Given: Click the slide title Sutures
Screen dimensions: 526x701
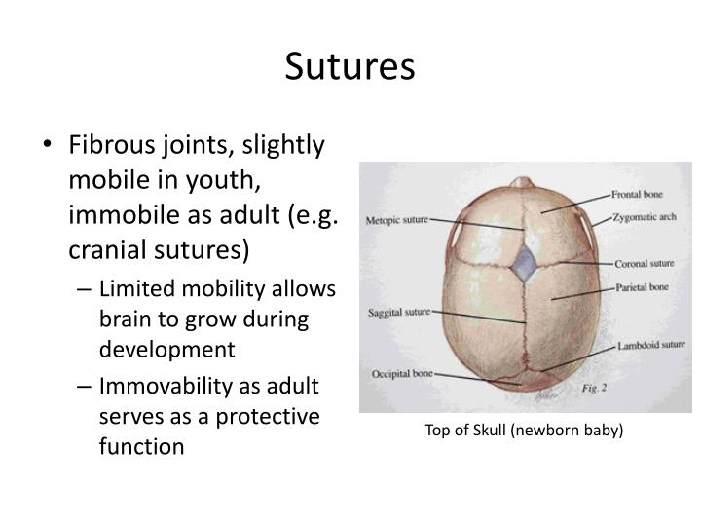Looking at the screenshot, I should (x=350, y=66).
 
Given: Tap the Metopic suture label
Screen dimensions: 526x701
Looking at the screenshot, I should (x=396, y=220).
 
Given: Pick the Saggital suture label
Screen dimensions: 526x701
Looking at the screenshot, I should (x=397, y=312).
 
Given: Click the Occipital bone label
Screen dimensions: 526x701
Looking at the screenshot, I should (x=401, y=373).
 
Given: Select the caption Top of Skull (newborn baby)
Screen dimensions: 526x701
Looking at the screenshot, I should (x=524, y=430).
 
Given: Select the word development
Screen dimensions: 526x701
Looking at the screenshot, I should (x=166, y=349).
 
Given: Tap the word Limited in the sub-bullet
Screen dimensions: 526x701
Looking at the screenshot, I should (x=130, y=290).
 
